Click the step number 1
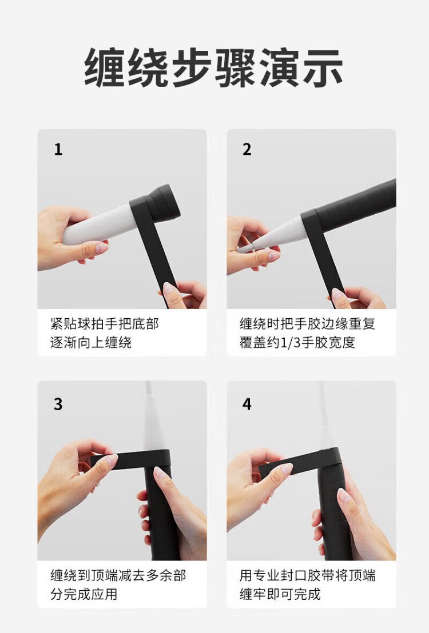pos(58,149)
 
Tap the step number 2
pos(247,149)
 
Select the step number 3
pos(58,404)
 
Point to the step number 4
pos(247,404)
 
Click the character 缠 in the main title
pos(105,67)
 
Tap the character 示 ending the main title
pos(322,67)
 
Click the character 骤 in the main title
pos(236,67)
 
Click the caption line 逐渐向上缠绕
pos(91,343)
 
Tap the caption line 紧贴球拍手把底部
pos(105,324)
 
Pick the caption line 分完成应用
pos(84,594)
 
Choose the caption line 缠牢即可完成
pos(280,594)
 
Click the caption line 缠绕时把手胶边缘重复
pos(307,324)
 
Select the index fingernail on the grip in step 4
pos(344,496)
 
